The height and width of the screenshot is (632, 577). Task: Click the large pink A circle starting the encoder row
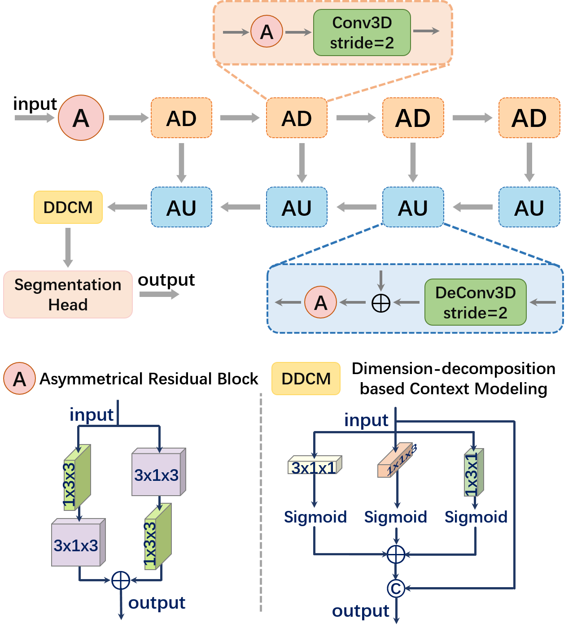pyautogui.click(x=81, y=118)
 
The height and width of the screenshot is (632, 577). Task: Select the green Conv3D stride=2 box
pyautogui.click(x=362, y=33)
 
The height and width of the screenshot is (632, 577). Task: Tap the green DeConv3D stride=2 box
pyautogui.click(x=475, y=302)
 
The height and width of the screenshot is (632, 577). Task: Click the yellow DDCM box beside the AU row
pyautogui.click(x=68, y=207)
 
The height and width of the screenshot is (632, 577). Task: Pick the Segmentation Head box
pyautogui.click(x=68, y=295)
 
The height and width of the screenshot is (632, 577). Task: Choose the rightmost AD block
pyautogui.click(x=529, y=118)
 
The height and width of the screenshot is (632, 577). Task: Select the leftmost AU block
pyautogui.click(x=181, y=207)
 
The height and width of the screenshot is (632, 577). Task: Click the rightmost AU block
pyautogui.click(x=529, y=207)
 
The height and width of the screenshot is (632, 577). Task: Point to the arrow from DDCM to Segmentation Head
pyautogui.click(x=68, y=247)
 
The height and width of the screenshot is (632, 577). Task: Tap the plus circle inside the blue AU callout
pyautogui.click(x=381, y=303)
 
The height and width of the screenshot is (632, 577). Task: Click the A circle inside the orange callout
pyautogui.click(x=267, y=32)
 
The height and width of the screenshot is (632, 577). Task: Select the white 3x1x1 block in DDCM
pyautogui.click(x=314, y=466)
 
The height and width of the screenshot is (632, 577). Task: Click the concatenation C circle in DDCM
pyautogui.click(x=396, y=588)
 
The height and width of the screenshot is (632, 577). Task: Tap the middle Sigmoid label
pyautogui.click(x=395, y=517)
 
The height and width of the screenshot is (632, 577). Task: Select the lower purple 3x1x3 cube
pyautogui.click(x=77, y=545)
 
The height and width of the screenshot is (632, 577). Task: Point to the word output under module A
pyautogui.click(x=157, y=603)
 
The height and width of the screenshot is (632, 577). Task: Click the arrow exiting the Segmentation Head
pyautogui.click(x=159, y=294)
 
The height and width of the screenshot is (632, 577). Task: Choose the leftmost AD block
pyautogui.click(x=181, y=118)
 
